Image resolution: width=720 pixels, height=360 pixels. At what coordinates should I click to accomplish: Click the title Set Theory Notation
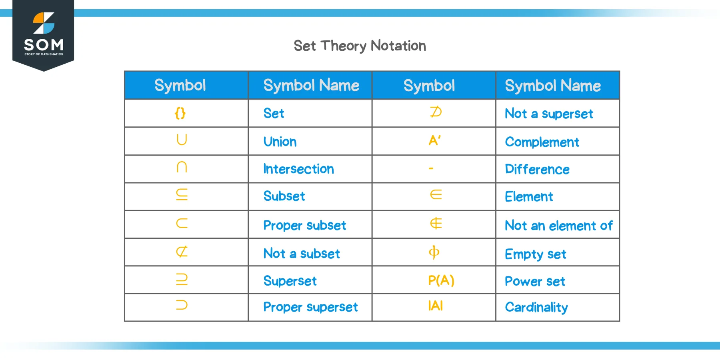click(360, 46)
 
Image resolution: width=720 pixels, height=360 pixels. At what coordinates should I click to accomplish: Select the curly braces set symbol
click(180, 113)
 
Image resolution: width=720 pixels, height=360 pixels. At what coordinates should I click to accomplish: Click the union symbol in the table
click(182, 140)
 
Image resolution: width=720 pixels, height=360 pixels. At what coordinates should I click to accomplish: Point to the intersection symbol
click(182, 167)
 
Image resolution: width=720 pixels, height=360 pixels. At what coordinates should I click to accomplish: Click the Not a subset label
click(302, 254)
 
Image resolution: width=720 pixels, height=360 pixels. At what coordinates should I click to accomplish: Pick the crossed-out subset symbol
click(182, 252)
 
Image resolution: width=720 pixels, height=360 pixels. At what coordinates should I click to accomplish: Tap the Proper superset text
click(310, 307)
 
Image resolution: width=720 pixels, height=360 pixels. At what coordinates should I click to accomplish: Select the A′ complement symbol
click(434, 140)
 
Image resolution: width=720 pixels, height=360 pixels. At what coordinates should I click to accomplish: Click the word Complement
click(542, 142)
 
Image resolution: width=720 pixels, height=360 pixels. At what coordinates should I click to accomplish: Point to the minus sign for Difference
click(431, 169)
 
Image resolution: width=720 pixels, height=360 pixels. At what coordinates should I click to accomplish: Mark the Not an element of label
click(558, 226)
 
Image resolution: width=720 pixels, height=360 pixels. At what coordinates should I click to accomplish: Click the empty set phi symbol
click(434, 252)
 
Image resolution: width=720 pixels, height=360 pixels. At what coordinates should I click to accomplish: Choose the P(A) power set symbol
click(441, 280)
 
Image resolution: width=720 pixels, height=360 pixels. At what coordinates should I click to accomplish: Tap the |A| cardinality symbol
click(435, 306)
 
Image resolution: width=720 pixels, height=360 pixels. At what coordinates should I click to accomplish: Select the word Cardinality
click(536, 307)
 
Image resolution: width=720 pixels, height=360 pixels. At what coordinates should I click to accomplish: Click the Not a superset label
click(549, 114)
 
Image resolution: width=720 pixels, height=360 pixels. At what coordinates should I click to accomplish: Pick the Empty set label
click(536, 254)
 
